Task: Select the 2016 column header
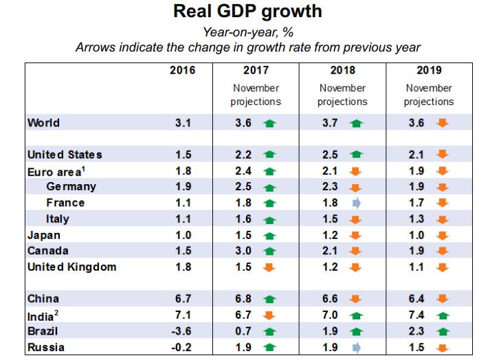pyautogui.click(x=182, y=70)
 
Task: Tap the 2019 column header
pyautogui.click(x=428, y=70)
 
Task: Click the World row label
pyautogui.click(x=43, y=123)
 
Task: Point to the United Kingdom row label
pyautogui.click(x=71, y=266)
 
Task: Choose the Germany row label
pyautogui.click(x=71, y=186)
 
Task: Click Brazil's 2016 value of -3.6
pyautogui.click(x=182, y=332)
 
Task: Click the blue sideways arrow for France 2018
pyautogui.click(x=356, y=203)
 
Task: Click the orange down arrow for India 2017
pyautogui.click(x=269, y=316)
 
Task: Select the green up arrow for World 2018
pyautogui.click(x=356, y=124)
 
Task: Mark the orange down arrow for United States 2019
pyautogui.click(x=443, y=155)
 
